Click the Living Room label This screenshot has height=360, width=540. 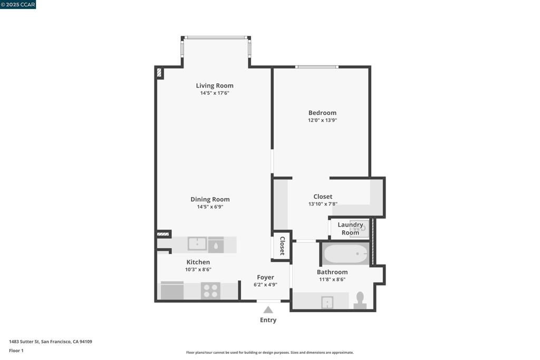[215, 86]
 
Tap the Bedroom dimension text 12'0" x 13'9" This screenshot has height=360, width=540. [322, 121]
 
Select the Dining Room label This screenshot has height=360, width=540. [210, 199]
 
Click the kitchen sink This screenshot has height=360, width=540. [197, 244]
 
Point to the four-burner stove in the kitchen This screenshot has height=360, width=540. [210, 291]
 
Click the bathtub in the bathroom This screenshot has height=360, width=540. [346, 254]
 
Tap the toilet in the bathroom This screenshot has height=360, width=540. [360, 300]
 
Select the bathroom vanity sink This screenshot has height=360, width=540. [327, 303]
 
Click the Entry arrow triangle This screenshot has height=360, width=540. [268, 310]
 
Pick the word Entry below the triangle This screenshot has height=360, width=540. [268, 320]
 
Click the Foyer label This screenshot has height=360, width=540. [266, 277]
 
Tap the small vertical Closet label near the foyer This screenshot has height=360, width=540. [282, 246]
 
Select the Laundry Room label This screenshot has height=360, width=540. [350, 229]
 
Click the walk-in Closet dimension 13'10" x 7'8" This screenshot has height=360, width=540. [323, 204]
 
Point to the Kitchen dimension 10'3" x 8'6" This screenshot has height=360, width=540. [198, 270]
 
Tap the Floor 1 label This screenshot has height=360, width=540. [16, 351]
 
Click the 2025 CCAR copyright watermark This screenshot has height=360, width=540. [18, 4]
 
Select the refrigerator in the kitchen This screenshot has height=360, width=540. [172, 291]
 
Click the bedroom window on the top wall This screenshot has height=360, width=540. [317, 67]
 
